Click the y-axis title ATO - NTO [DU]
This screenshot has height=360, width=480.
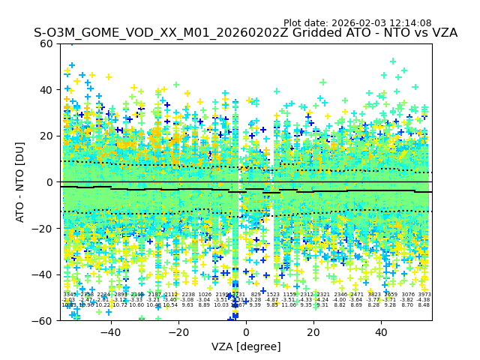tap(21, 181)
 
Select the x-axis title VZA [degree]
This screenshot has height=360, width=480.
tap(246, 346)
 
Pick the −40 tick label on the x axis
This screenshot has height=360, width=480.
tap(109, 332)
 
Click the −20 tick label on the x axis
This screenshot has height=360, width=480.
tap(178, 332)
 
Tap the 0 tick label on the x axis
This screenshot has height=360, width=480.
tap(246, 332)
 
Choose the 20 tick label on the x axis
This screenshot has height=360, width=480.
tap(313, 332)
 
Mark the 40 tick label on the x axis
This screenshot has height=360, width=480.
tap(381, 332)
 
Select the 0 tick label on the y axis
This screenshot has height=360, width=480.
tap(51, 182)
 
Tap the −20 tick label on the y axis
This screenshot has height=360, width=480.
tap(45, 228)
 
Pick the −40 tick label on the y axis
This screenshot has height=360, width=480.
tap(45, 274)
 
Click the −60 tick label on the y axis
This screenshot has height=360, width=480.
tap(45, 321)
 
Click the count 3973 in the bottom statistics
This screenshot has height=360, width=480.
tap(424, 295)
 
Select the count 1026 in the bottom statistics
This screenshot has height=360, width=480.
tap(205, 295)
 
